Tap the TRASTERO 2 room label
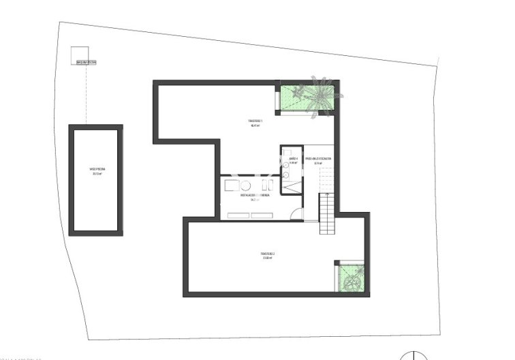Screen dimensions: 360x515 coord(268,254)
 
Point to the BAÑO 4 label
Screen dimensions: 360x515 coord(294,160)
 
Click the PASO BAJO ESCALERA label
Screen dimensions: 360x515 coord(317,159)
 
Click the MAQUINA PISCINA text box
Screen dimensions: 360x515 coord(86,63)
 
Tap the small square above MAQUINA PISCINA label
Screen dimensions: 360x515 coord(79,54)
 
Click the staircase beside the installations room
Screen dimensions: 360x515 coord(328,212)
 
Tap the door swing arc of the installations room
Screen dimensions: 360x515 coord(295,214)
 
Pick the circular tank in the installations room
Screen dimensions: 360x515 coord(246,185)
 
